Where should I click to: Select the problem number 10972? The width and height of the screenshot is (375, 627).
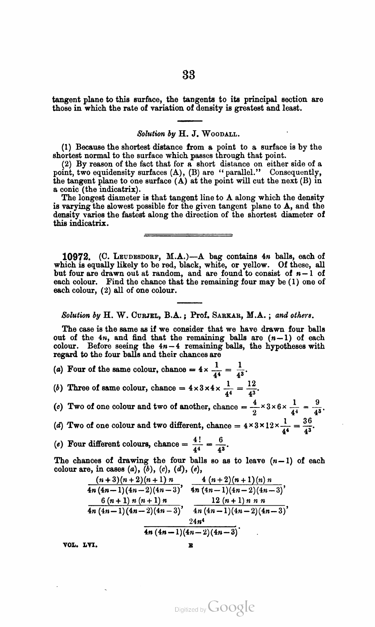tap(76, 256)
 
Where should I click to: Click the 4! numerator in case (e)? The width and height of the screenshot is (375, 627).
tap(196, 439)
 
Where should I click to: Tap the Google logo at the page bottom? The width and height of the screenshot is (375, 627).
tap(231, 608)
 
